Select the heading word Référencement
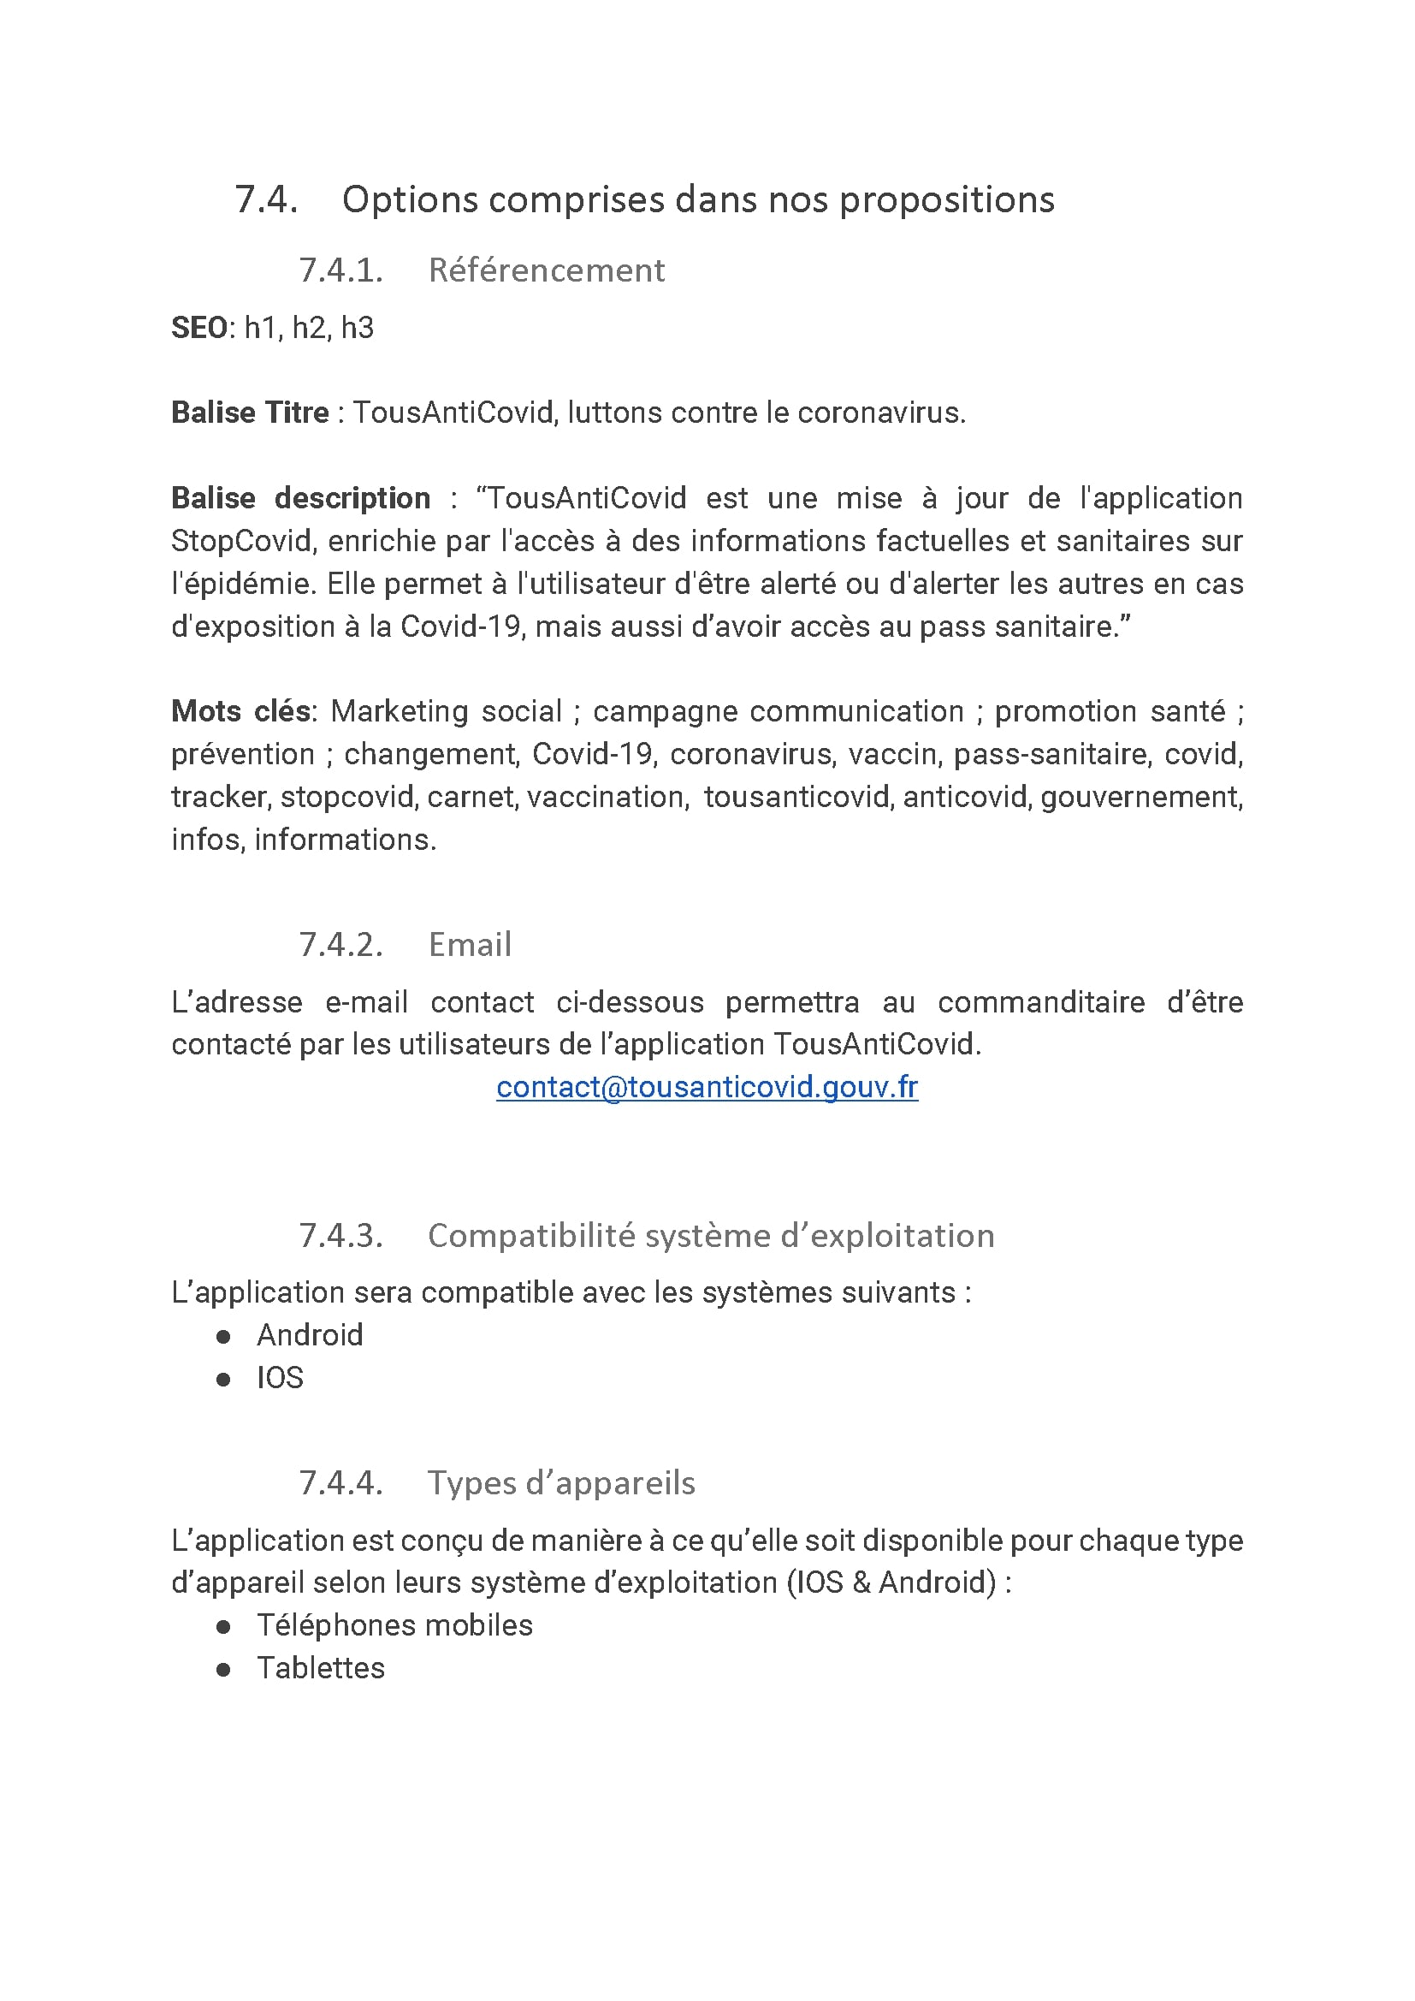tap(547, 271)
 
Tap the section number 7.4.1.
tap(340, 271)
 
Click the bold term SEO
tap(198, 329)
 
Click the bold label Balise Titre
tap(250, 413)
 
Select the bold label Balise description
tap(300, 498)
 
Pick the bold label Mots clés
tap(240, 712)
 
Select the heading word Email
tap(470, 945)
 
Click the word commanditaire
tap(1041, 1002)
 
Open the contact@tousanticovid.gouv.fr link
tap(707, 1088)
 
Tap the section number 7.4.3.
tap(340, 1236)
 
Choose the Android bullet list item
tap(310, 1335)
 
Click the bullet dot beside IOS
tap(223, 1379)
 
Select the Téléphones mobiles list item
tap(394, 1625)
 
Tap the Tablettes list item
tap(321, 1668)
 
